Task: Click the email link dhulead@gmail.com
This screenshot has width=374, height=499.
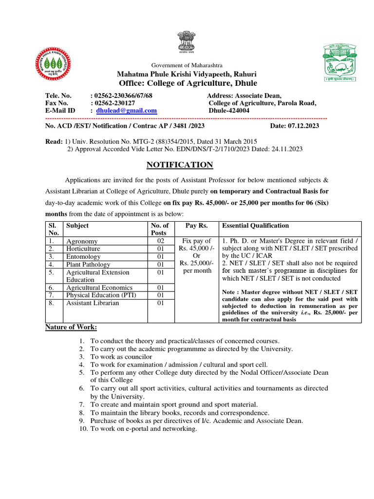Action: (x=126, y=111)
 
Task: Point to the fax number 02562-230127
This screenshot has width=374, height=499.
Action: (x=112, y=103)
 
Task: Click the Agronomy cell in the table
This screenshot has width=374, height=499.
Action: (x=82, y=241)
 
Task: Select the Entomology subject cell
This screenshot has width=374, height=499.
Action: (x=83, y=257)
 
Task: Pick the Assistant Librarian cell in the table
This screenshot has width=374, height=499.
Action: (x=92, y=303)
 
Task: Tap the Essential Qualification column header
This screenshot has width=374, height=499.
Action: (x=255, y=226)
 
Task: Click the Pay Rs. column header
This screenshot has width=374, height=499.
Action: (x=196, y=226)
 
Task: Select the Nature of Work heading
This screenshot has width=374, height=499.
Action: (x=71, y=326)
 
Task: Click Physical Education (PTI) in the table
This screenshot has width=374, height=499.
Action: (x=101, y=295)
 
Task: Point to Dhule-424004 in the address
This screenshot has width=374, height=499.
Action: (x=229, y=111)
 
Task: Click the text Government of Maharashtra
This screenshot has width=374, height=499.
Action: (x=187, y=65)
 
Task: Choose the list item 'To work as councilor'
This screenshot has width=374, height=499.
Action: (x=128, y=357)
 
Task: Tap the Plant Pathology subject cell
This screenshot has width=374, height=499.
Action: (x=89, y=265)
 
